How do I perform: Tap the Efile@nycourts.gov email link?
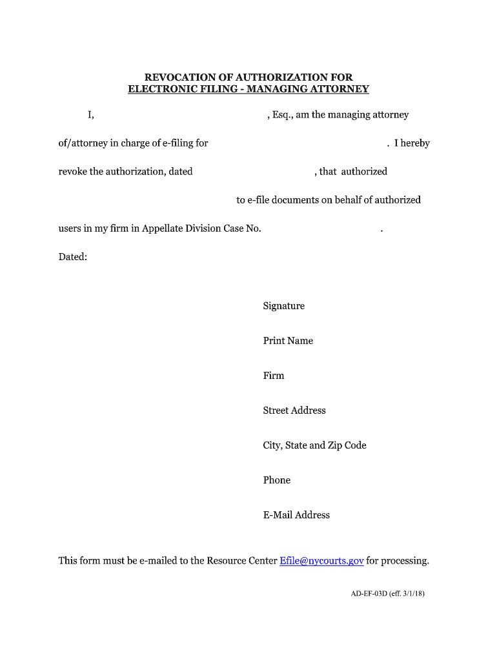pyautogui.click(x=321, y=560)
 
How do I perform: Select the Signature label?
pyautogui.click(x=283, y=306)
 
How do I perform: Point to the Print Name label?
pyautogui.click(x=288, y=341)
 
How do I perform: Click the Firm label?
pyautogui.click(x=273, y=376)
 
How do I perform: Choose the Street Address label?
pyautogui.click(x=294, y=411)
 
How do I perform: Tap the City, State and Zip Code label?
pyautogui.click(x=314, y=445)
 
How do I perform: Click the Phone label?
pyautogui.click(x=276, y=480)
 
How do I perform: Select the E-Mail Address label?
pyautogui.click(x=296, y=515)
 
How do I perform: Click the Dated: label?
pyautogui.click(x=72, y=257)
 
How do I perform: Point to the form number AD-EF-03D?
pyautogui.click(x=365, y=593)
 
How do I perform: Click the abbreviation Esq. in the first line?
pyautogui.click(x=282, y=115)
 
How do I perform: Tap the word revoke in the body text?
pyautogui.click(x=72, y=172)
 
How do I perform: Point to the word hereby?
pyautogui.click(x=415, y=143)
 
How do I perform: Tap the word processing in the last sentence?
pyautogui.click(x=405, y=560)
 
